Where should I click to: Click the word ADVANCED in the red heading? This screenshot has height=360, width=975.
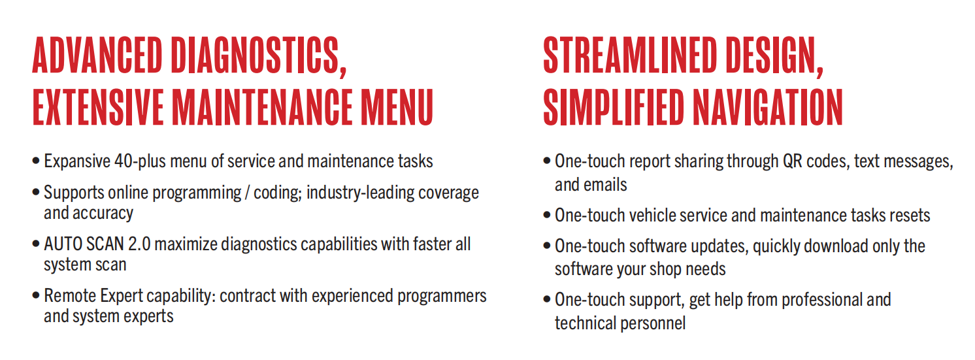coord(97,56)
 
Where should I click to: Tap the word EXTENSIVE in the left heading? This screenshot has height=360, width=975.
coord(98,106)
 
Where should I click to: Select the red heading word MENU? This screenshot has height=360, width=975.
coord(397,106)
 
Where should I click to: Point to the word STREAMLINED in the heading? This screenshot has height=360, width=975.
coord(630,56)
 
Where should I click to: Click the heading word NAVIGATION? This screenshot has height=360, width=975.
coord(768,106)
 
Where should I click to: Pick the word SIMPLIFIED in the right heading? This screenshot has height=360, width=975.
coord(614,106)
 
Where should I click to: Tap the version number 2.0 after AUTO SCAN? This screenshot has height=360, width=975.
coord(139,244)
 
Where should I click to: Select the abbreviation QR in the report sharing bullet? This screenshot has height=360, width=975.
coord(792,161)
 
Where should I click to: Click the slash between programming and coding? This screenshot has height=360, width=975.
coord(247,193)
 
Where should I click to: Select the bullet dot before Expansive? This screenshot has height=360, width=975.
coord(36,161)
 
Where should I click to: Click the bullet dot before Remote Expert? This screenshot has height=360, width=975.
coord(36,295)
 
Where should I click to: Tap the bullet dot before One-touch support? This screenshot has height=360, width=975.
coord(547,299)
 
